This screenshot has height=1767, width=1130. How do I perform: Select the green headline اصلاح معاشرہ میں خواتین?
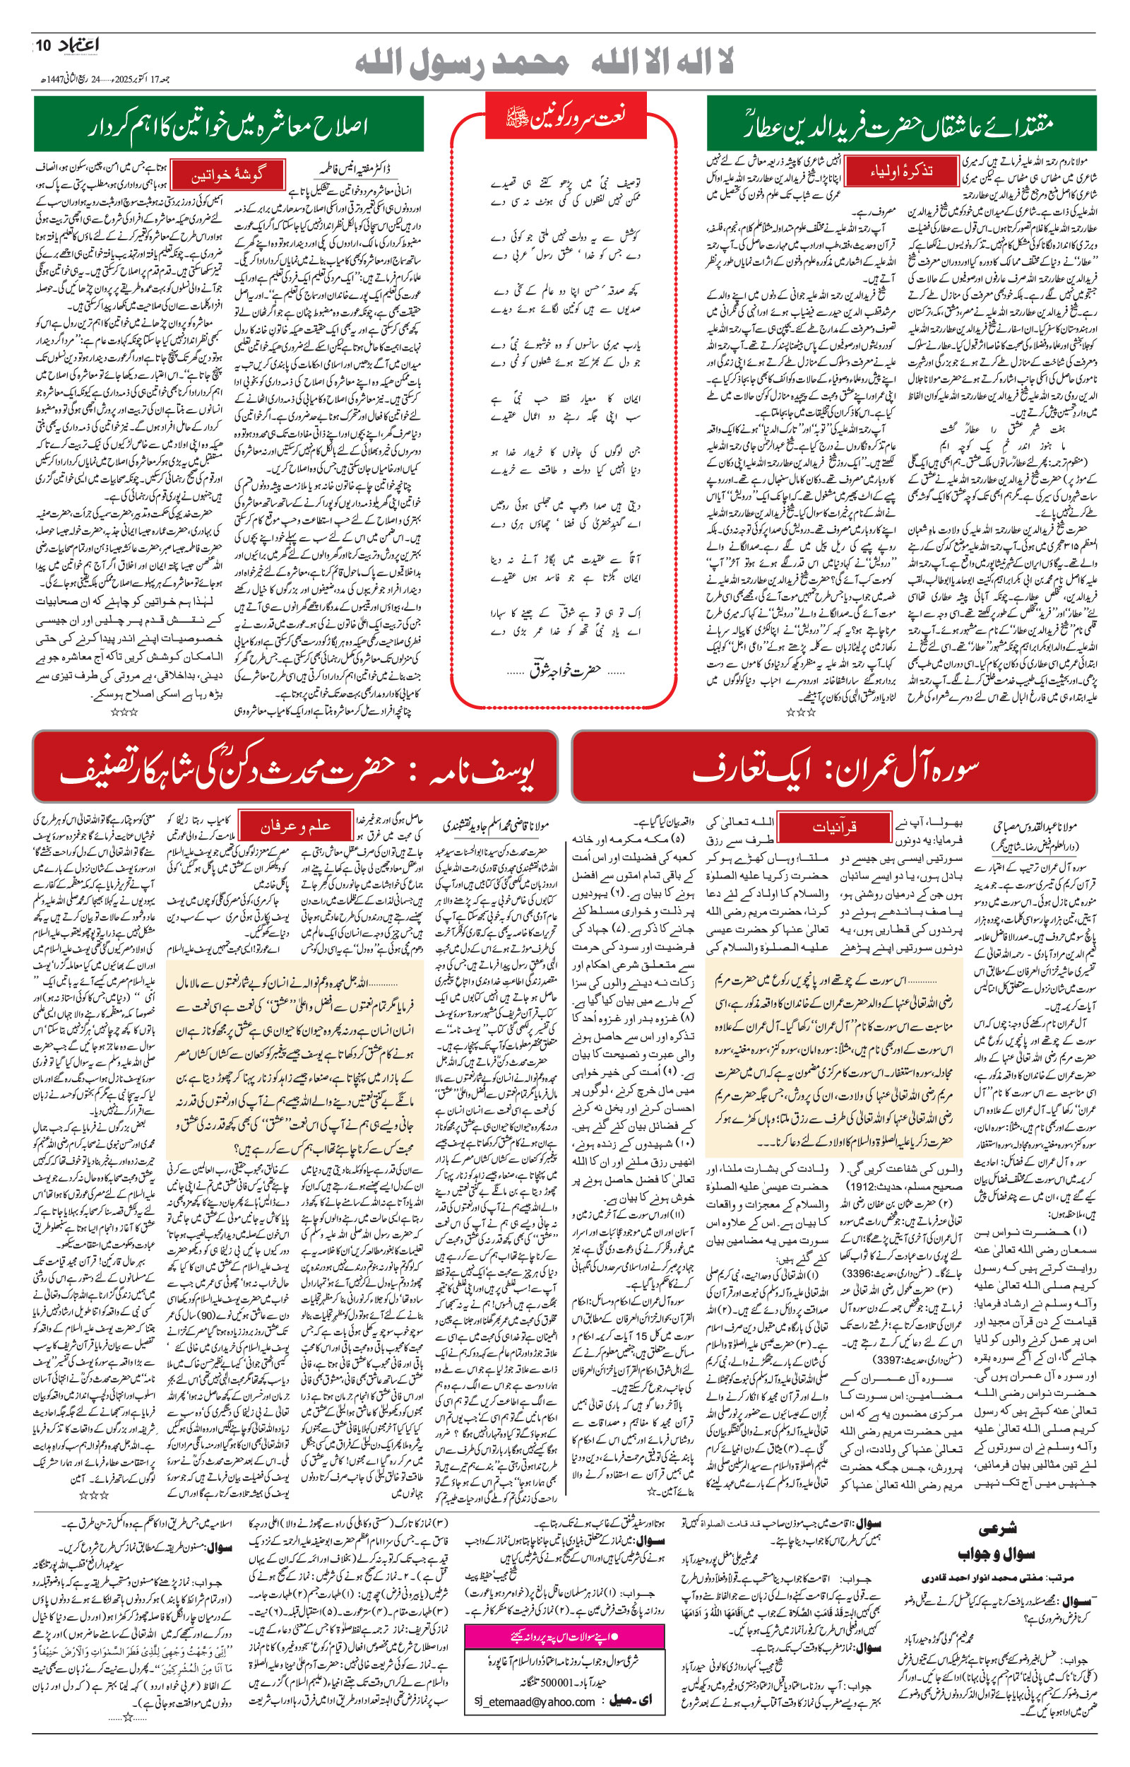tap(228, 125)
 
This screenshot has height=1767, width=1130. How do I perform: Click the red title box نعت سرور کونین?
tap(564, 116)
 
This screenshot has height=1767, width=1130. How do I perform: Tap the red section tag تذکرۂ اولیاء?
tap(902, 171)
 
